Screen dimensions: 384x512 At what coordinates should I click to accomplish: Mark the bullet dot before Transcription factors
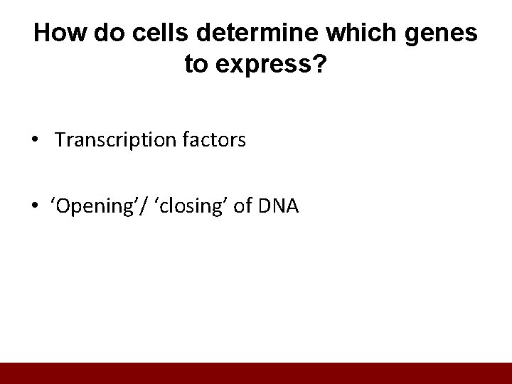point(36,141)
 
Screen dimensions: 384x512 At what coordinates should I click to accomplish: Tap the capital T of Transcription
point(59,141)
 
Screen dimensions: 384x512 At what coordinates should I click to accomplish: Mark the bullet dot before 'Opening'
point(36,207)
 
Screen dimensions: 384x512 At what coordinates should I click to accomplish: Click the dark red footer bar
point(256,373)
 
